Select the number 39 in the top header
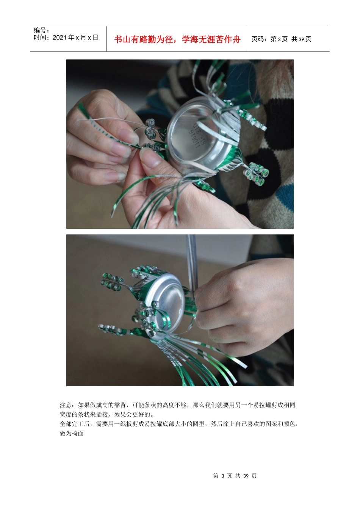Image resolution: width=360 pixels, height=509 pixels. (x=301, y=39)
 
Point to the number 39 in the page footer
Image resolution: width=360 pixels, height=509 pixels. (x=246, y=476)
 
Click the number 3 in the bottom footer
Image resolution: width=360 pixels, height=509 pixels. (x=223, y=476)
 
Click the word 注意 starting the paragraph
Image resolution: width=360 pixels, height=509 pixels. (x=66, y=405)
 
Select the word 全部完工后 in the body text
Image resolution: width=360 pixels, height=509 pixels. (x=75, y=424)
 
